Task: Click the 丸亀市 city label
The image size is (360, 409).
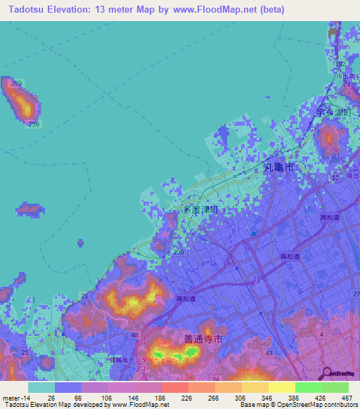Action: (x=278, y=168)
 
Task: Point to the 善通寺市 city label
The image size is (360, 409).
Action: (x=203, y=339)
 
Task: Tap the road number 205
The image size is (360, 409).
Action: (x=179, y=252)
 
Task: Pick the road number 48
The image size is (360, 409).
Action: (x=134, y=335)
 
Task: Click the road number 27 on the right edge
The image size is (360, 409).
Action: (x=356, y=293)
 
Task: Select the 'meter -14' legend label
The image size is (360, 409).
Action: (x=15, y=397)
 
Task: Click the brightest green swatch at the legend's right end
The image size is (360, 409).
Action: (x=335, y=387)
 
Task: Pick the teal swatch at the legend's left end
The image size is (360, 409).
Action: (x=41, y=387)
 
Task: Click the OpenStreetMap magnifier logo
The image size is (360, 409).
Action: (x=326, y=372)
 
